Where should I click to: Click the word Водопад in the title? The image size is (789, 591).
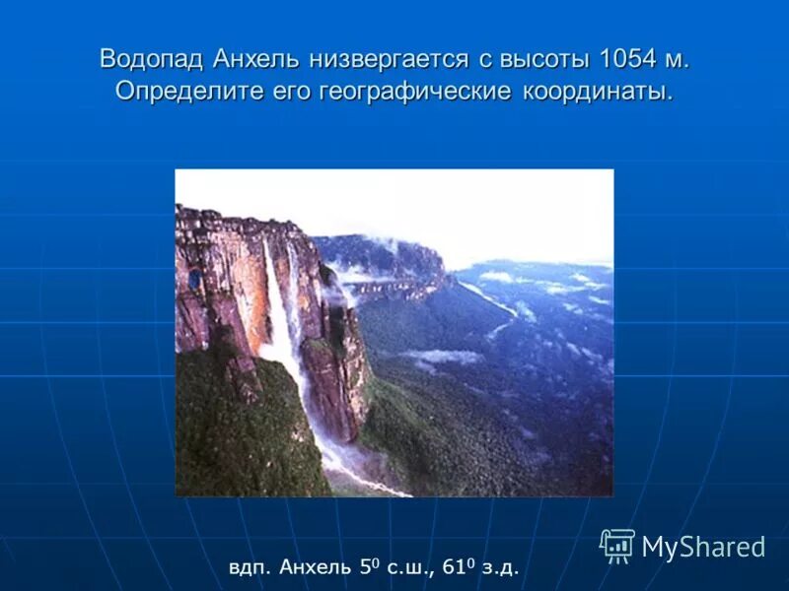pos(151,59)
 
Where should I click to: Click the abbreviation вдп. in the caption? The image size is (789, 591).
pos(251,567)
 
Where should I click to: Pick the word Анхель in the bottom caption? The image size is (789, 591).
pos(315,567)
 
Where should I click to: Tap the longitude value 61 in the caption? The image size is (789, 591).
pos(452,566)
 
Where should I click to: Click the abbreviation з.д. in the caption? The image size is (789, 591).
pos(498,567)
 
